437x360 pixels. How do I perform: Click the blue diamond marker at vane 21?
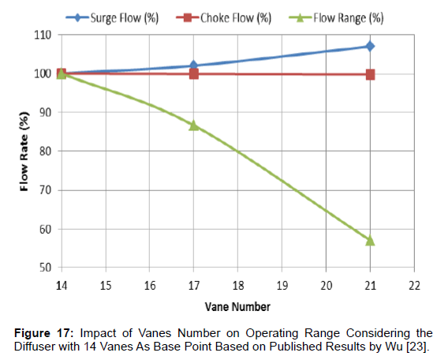pos(370,46)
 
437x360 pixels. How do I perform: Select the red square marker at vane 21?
pos(370,74)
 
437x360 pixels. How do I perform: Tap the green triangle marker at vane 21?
pos(370,240)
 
